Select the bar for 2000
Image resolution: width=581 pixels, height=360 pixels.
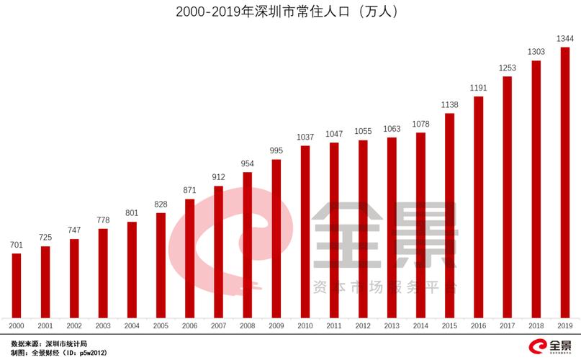17,286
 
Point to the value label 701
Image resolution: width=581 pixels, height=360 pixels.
17,246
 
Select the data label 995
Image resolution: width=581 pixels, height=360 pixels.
276,151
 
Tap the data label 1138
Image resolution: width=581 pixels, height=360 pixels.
450,105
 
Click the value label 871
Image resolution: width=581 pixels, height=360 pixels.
190,191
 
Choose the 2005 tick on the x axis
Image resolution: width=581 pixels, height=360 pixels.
161,326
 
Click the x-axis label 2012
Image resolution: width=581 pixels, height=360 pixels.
363,326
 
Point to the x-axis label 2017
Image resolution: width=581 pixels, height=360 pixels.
508,326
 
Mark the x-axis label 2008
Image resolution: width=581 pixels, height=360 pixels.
248,326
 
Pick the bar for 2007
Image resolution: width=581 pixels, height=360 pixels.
219,252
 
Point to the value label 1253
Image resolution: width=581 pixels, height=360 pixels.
508,68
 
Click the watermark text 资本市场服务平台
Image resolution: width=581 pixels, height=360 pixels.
385,287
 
